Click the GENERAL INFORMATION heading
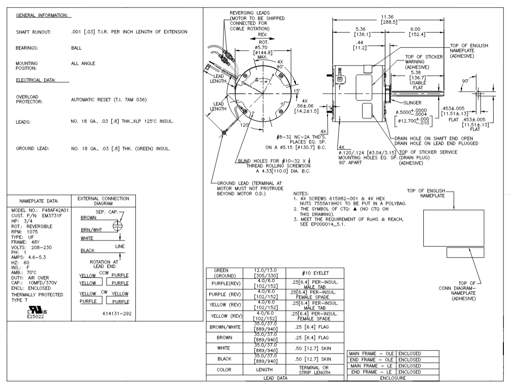point(44,15)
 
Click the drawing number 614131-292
point(116,313)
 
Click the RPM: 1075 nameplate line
point(30,232)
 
